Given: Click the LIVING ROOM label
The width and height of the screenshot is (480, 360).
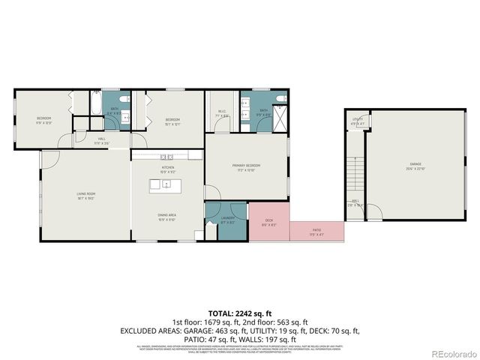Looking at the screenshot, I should click(x=85, y=196).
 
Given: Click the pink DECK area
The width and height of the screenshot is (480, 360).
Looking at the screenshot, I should click(x=268, y=222).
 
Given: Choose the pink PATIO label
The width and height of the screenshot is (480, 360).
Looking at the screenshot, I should click(x=316, y=232).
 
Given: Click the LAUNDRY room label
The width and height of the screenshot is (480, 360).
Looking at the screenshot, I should click(x=228, y=220).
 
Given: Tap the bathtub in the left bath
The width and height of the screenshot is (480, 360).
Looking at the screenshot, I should click(x=96, y=104).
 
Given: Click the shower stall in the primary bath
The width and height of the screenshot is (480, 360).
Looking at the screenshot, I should click(x=280, y=121).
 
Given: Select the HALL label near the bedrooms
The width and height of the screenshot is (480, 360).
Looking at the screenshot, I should click(x=101, y=140).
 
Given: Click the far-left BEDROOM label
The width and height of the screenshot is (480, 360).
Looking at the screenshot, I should click(x=43, y=120).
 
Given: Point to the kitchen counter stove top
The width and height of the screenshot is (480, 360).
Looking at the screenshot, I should click(x=166, y=156).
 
